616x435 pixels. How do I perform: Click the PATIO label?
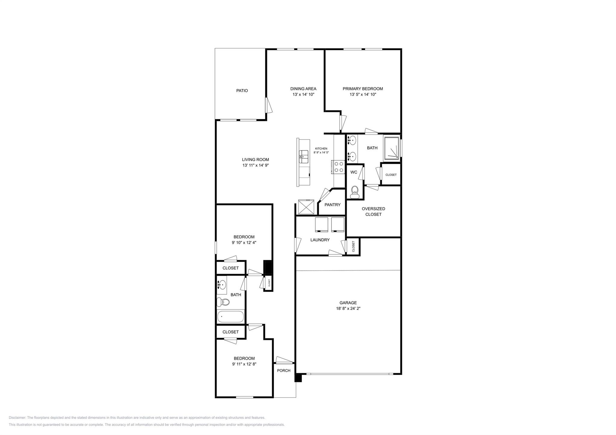point(242,90)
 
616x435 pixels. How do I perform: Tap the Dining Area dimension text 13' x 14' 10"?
point(303,94)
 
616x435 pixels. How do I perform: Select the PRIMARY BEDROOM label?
point(363,89)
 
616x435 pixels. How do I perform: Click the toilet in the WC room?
point(355,191)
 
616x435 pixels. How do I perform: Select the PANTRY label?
point(332,205)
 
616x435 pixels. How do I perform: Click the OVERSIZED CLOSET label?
point(373,211)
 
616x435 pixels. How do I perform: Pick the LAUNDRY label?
point(320,240)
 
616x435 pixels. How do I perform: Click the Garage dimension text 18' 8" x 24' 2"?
point(348,308)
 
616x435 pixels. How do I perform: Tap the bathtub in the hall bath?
point(230,317)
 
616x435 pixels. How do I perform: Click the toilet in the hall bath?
point(223,302)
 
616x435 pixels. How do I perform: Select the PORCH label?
point(284,370)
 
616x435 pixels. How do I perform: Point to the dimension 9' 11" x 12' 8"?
point(244,364)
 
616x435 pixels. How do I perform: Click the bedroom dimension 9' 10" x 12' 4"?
point(244,243)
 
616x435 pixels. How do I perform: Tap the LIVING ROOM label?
point(255,160)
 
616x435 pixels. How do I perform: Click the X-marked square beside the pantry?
point(306,207)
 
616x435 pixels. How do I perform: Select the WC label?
point(354,172)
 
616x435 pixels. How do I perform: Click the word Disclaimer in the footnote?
point(17,418)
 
